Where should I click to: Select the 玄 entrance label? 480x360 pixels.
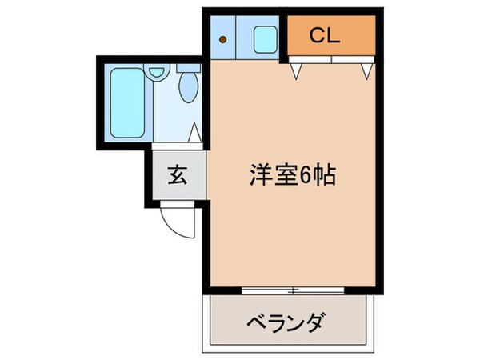176,175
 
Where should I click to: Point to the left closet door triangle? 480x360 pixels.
297,73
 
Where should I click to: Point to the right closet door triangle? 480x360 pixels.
367,72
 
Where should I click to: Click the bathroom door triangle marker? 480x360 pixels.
194,133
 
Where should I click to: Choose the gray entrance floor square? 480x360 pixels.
176,176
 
